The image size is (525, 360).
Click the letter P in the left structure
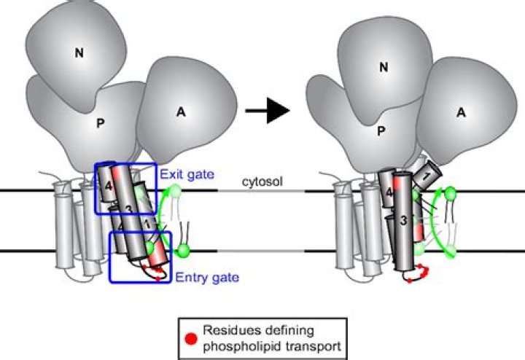point(101,124)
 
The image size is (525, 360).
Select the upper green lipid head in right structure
point(450,194)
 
